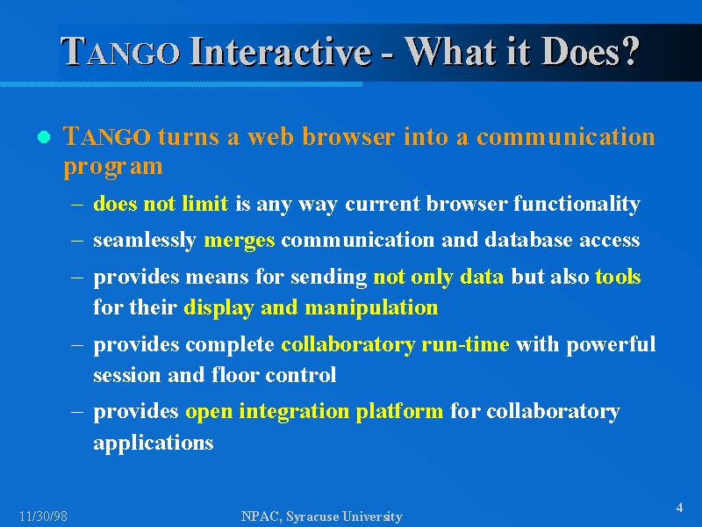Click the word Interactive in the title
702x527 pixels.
pos(281,51)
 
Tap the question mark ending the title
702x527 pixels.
pos(629,51)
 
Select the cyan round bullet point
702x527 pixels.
pos(44,137)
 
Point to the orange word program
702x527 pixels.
pos(113,167)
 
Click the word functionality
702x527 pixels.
pos(577,205)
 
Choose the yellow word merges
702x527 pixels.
pos(239,241)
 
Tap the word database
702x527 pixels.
pos(529,240)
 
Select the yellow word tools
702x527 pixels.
pos(618,277)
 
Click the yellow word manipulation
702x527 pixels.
pos(371,308)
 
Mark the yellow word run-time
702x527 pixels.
pos(465,344)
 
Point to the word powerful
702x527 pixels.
pos(611,345)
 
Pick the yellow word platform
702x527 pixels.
pos(399,411)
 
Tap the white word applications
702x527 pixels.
pos(153,444)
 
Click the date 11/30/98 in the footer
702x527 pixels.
pos(43,516)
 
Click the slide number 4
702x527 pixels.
pos(679,508)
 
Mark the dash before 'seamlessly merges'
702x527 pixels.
pos(77,241)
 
